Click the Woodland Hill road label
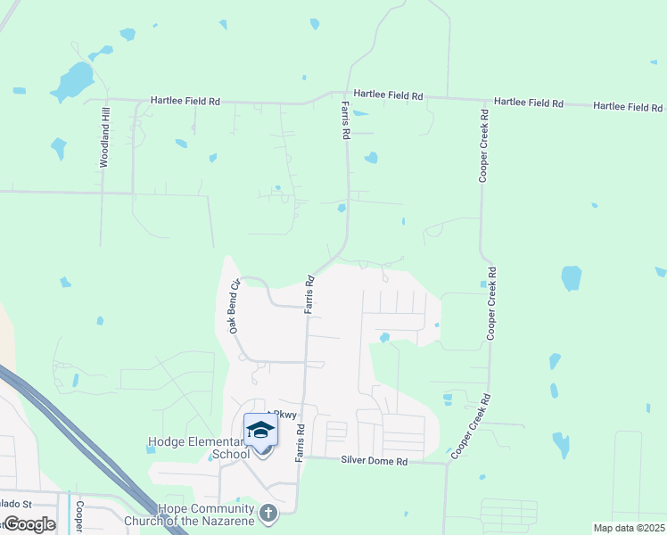coord(104,137)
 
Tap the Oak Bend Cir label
coord(235,307)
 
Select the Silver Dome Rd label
coord(375,461)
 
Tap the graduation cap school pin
coord(260,431)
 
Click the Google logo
coord(29,524)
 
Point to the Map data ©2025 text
coord(630,528)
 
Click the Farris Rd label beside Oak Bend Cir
coord(309,294)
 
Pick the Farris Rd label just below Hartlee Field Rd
coord(344,119)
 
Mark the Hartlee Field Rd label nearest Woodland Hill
coord(185,102)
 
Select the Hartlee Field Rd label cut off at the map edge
coord(630,106)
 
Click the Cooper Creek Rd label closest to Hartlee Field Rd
coord(483,146)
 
